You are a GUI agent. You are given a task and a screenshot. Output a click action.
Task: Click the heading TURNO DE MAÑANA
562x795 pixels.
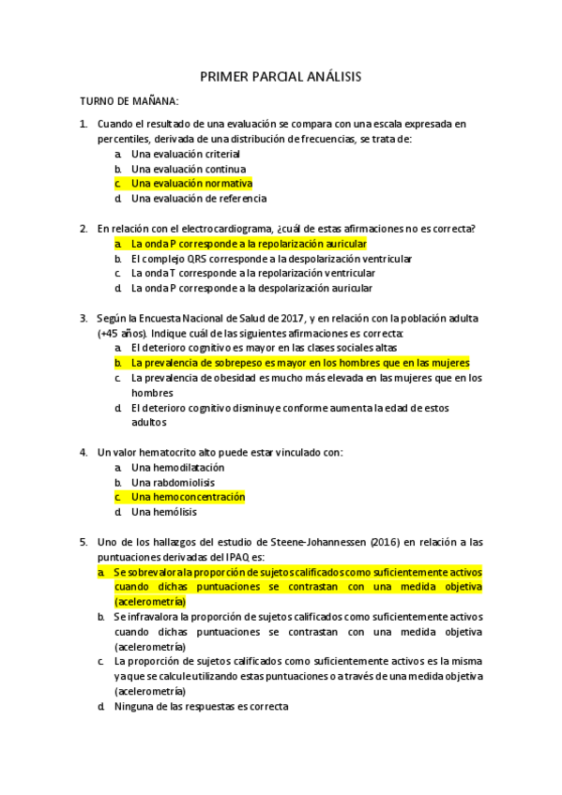pos(129,101)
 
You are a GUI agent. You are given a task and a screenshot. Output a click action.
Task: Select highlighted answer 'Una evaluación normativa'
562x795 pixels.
pos(191,184)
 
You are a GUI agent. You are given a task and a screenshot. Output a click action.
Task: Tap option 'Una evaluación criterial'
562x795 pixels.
pos(186,154)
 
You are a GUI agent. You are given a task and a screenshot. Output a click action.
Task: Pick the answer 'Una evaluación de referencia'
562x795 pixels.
pos(199,199)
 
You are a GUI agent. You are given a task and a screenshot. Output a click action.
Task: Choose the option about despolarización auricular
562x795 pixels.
pos(251,289)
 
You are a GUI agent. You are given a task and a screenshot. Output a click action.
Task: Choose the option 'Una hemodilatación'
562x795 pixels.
pos(178,467)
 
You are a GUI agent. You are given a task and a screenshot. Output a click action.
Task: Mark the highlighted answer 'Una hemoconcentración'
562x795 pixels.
pos(188,497)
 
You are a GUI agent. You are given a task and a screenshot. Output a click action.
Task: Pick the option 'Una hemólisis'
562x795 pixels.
pos(164,512)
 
